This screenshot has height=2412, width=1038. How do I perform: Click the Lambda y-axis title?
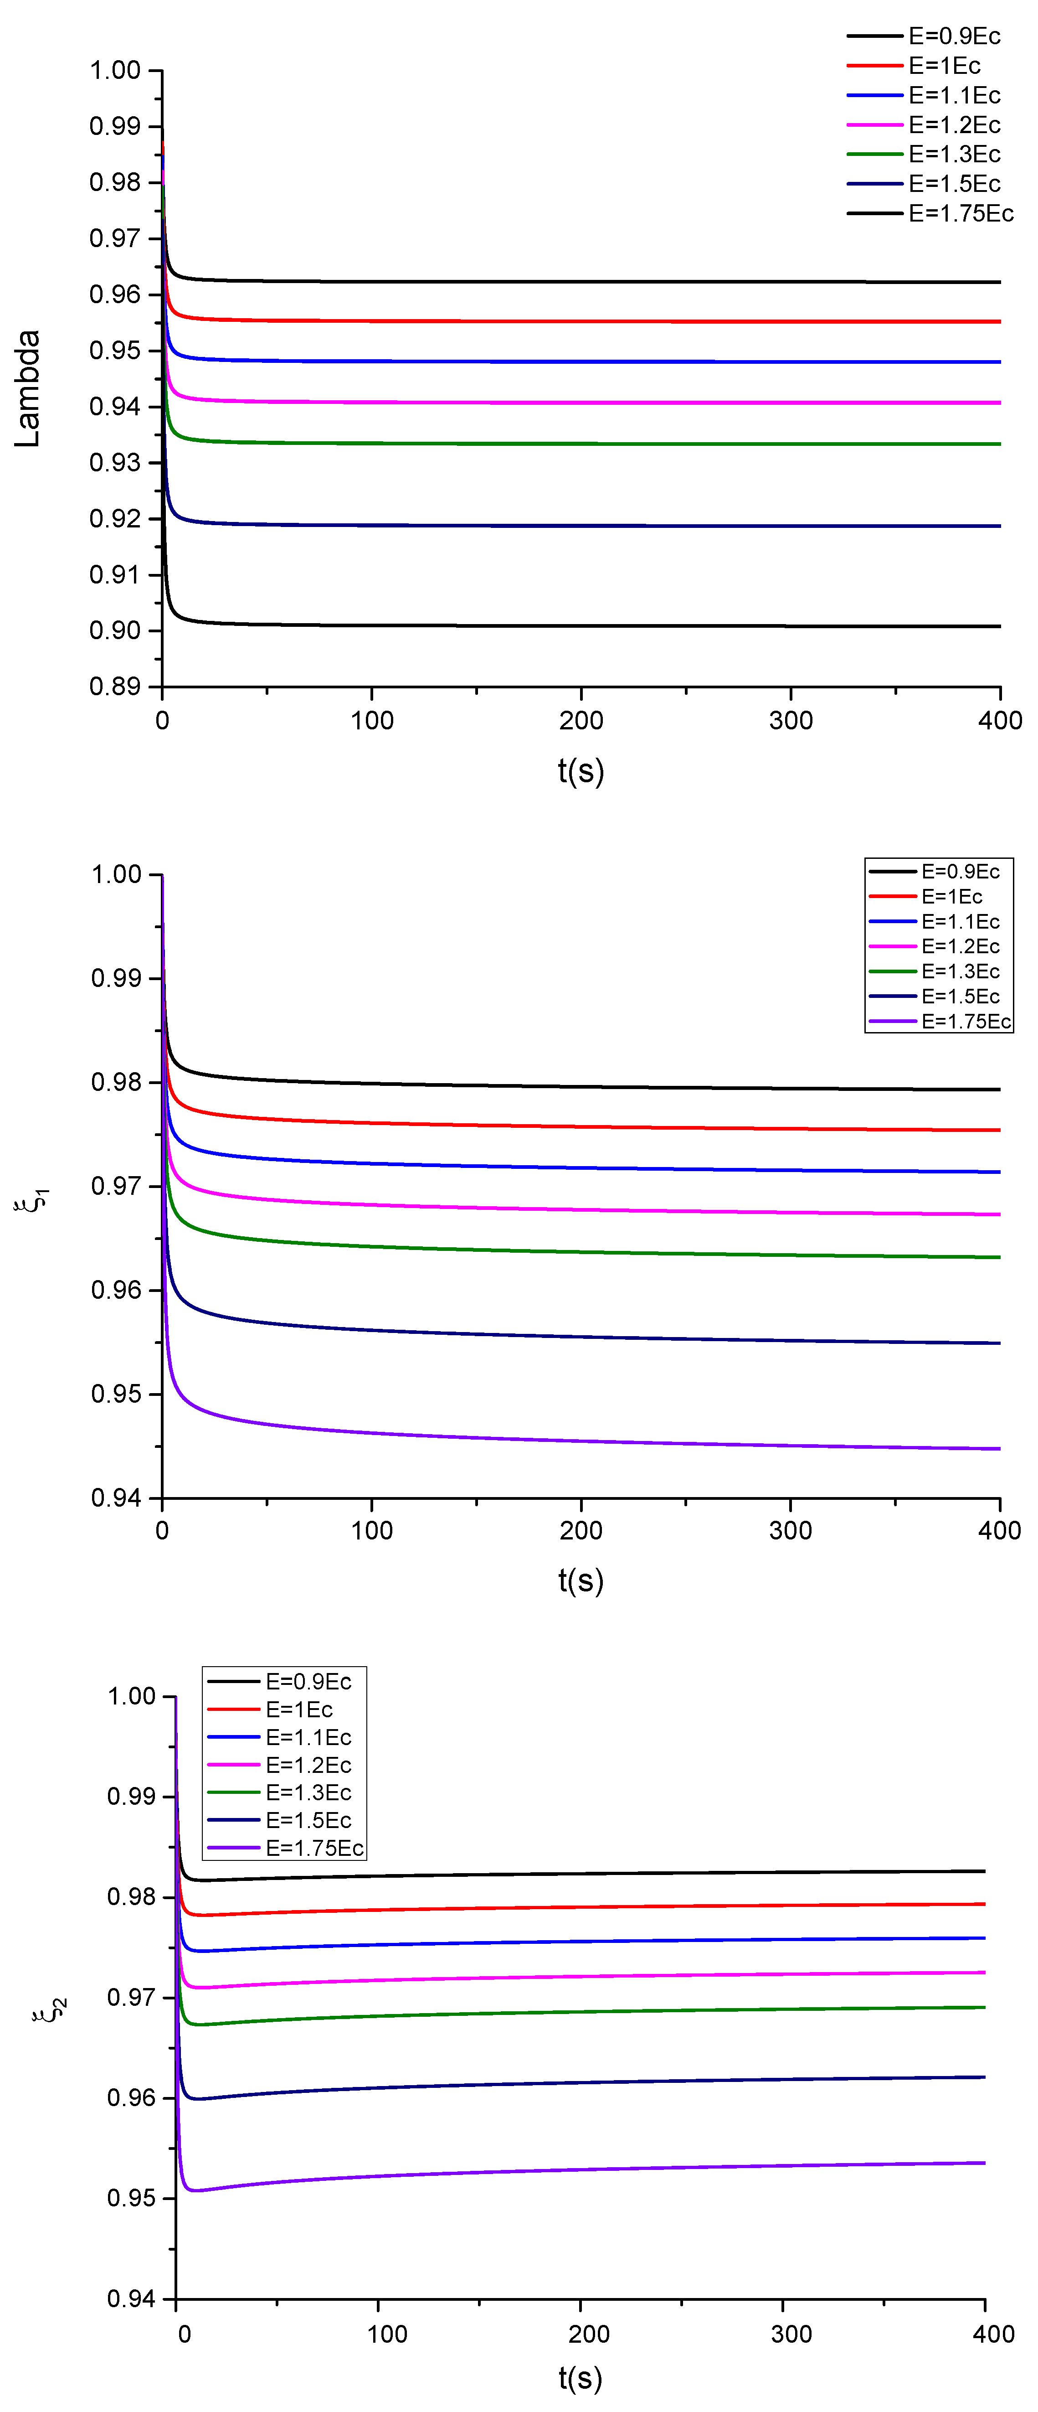tap(28, 388)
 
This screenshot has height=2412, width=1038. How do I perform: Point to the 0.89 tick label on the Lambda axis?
tap(114, 687)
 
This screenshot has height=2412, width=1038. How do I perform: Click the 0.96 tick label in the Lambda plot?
tap(114, 294)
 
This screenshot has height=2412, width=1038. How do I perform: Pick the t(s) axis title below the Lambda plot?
tap(581, 770)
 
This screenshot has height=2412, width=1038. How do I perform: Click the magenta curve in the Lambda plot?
tap(581, 403)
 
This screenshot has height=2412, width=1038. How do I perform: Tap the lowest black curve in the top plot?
tap(581, 625)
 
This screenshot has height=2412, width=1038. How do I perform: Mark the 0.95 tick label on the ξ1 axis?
tap(116, 1394)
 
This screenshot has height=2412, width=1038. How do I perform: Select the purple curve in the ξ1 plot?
tap(581, 1441)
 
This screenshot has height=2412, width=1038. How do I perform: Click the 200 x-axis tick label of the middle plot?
tap(581, 1530)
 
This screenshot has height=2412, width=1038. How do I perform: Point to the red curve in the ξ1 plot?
tap(581, 1126)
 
